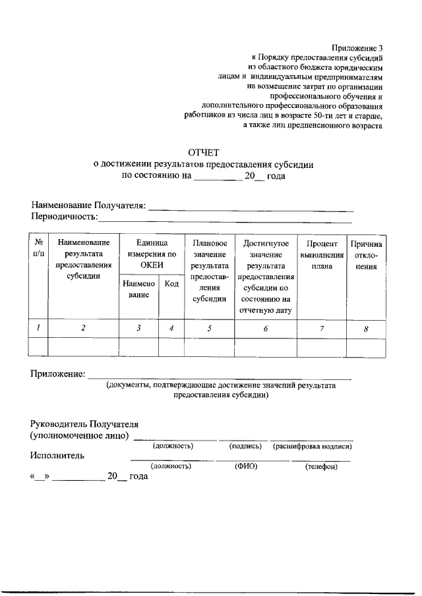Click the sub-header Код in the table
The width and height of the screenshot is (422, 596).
point(171,284)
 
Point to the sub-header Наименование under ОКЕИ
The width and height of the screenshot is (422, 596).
point(138,289)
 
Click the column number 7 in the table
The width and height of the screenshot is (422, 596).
point(322,328)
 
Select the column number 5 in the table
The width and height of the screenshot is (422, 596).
point(209,328)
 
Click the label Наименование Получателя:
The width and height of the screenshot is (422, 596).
point(88,206)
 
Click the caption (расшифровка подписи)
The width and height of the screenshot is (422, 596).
point(312,446)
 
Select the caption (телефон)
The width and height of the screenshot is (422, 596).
point(321,467)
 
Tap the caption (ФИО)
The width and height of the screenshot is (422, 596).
point(245,466)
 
